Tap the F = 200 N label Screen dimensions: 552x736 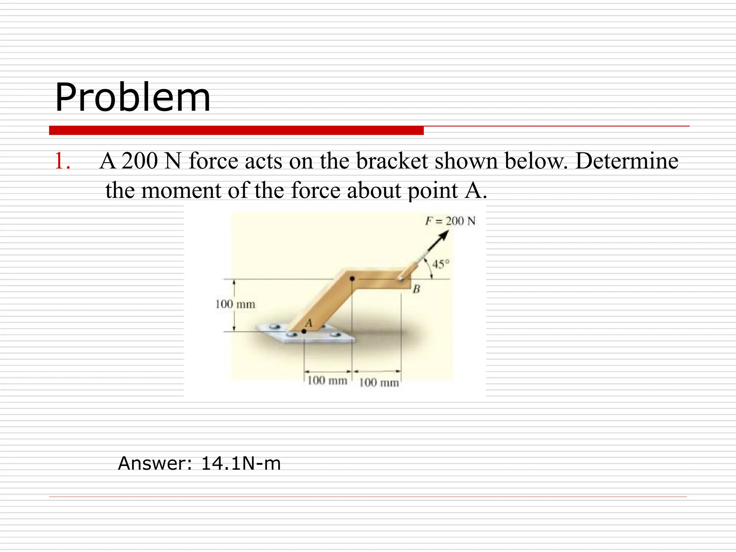(x=450, y=221)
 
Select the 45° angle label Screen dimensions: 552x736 (x=441, y=264)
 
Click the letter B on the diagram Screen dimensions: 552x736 (x=417, y=289)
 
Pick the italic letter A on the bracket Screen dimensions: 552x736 (x=308, y=323)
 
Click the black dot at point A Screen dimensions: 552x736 (x=304, y=331)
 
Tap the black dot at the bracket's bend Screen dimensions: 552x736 (x=353, y=278)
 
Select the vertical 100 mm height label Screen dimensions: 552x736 (x=235, y=304)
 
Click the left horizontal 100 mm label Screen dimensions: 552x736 (x=327, y=380)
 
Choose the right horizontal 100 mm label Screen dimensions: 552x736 (x=379, y=382)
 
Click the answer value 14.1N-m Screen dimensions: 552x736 (x=241, y=463)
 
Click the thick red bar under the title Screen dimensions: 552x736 (x=236, y=130)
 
